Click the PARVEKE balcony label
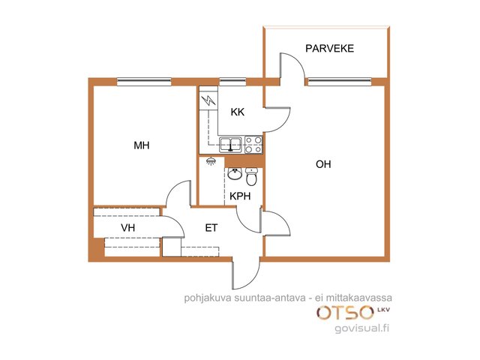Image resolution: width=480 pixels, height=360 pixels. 330,48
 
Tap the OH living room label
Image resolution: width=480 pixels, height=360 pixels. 323,164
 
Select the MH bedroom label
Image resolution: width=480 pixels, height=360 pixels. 142,145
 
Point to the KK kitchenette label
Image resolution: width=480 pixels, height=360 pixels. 238,112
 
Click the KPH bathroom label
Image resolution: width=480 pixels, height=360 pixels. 240,196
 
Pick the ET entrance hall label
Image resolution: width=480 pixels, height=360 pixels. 211,228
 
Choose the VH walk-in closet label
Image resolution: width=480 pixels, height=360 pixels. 128,228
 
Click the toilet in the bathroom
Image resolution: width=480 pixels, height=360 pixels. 252,177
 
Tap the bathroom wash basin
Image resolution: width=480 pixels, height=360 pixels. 235,174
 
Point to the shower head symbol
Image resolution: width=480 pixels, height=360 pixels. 211,161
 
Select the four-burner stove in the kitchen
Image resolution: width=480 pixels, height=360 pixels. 253,145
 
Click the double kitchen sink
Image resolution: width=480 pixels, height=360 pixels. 230,145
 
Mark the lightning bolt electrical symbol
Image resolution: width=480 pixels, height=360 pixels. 208,100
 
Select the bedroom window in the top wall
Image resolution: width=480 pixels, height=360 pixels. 144,81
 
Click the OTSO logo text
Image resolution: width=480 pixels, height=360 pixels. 346,313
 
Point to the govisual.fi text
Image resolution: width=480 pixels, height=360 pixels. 361,328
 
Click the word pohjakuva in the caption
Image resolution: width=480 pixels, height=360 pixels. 208,298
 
